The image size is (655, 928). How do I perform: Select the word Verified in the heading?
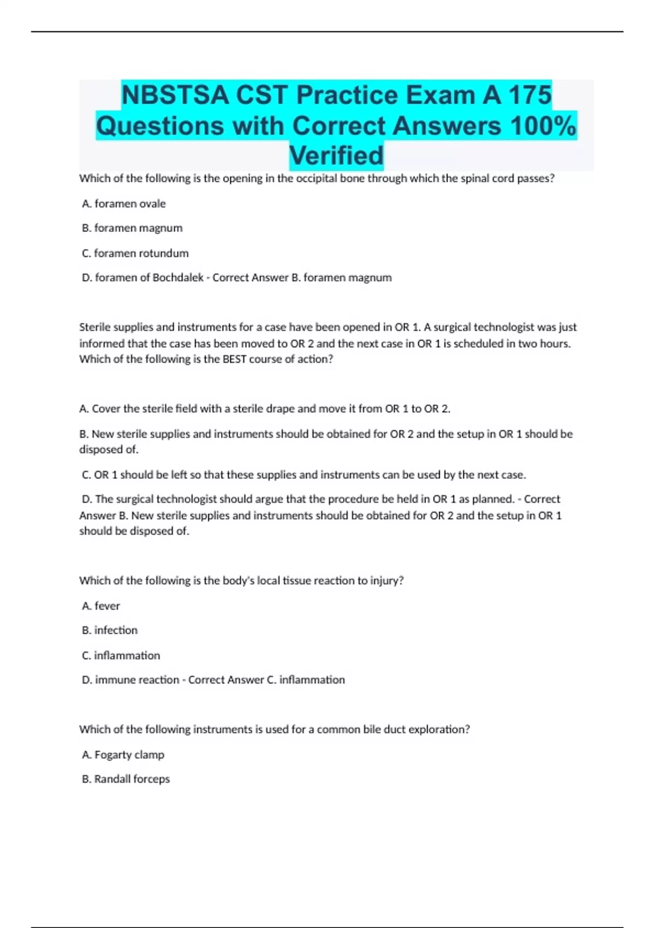click(x=336, y=156)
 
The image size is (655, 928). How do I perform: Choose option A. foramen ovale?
click(x=124, y=204)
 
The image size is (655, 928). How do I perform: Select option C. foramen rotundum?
click(x=135, y=253)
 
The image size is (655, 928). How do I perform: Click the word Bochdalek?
click(x=178, y=277)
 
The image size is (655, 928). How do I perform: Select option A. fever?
click(x=101, y=606)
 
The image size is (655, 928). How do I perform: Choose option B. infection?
click(x=110, y=630)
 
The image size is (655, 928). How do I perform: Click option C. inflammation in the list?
click(x=121, y=655)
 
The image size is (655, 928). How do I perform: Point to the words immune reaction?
click(x=137, y=680)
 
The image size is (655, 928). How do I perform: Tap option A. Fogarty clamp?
click(x=123, y=754)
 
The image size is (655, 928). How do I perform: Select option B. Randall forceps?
click(x=126, y=779)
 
